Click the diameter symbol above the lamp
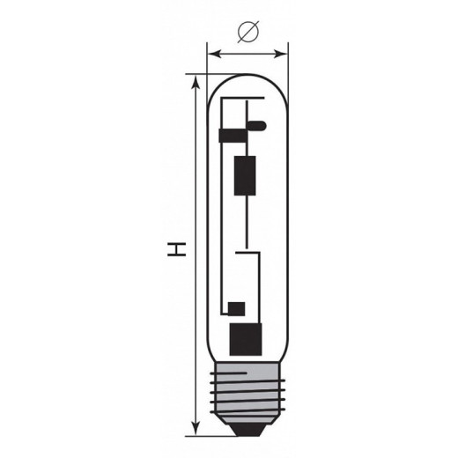tap(248, 32)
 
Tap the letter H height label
tap(176, 249)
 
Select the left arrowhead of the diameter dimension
tap(214, 54)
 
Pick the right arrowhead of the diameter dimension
tap(281, 54)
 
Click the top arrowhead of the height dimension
tap(196, 82)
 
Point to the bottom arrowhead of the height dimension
tap(196, 428)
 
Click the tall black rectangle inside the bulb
tap(245, 175)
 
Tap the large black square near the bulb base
tap(246, 339)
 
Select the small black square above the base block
tap(237, 309)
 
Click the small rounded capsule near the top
tap(257, 126)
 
